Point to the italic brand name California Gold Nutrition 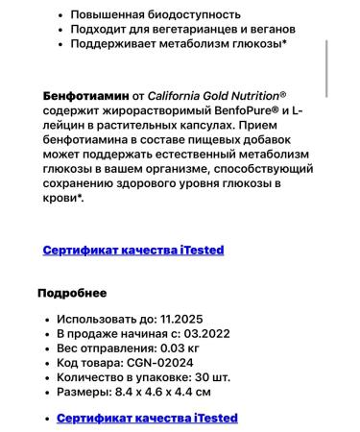tap(215, 96)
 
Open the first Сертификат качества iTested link tap(133, 250)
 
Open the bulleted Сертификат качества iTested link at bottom tap(147, 418)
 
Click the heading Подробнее tap(72, 293)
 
